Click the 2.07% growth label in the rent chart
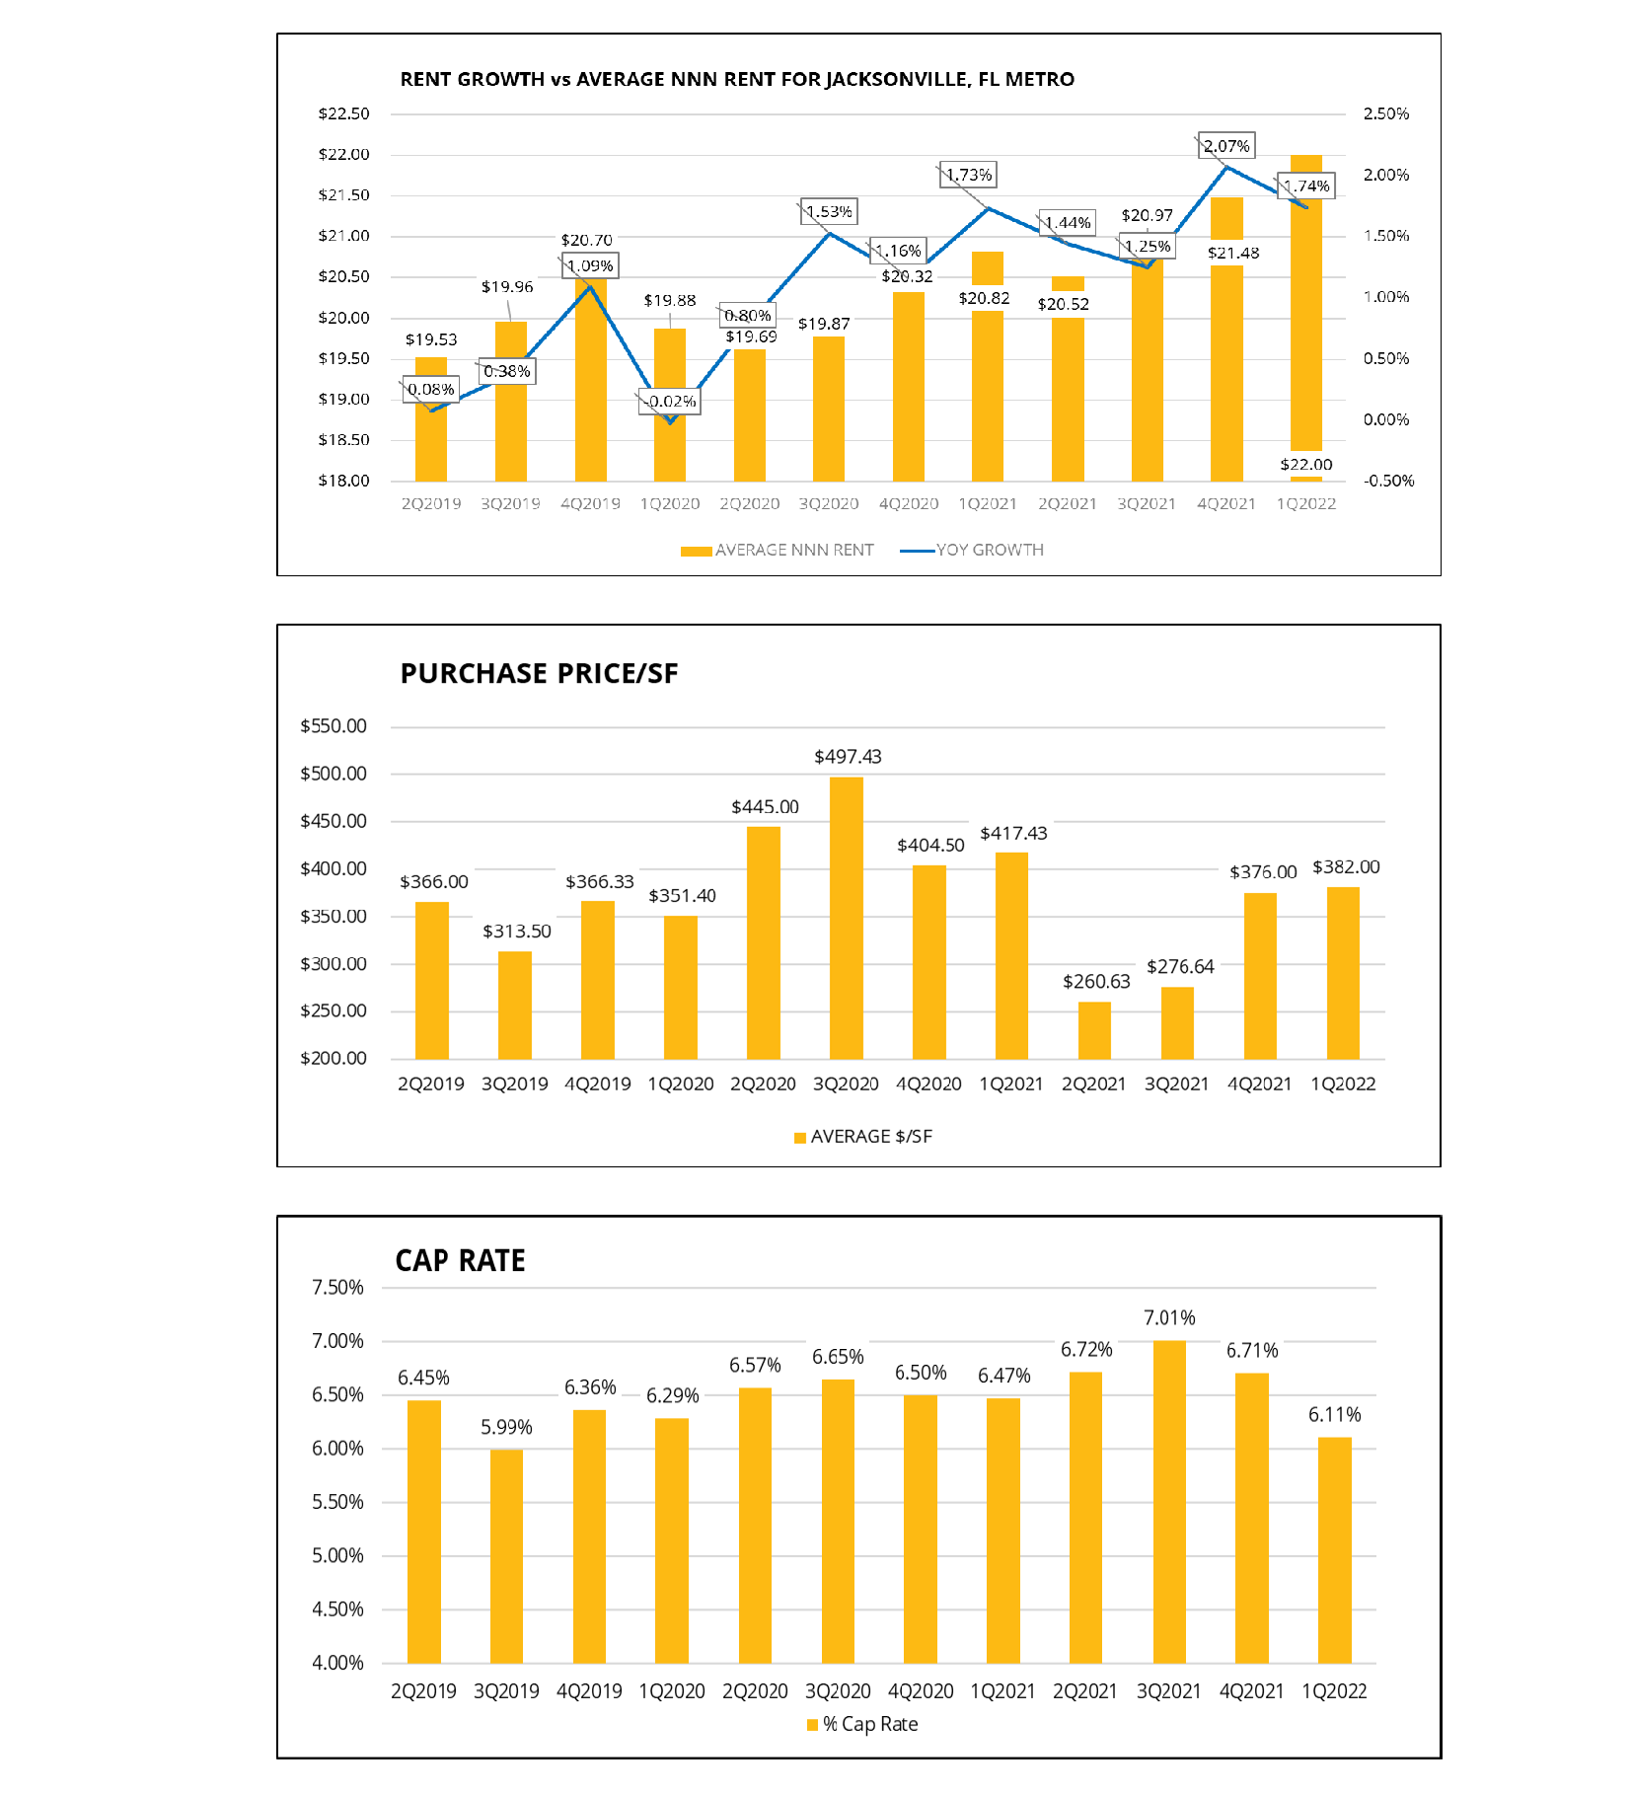[1226, 146]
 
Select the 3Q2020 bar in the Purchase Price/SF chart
[846, 918]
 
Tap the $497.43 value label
[848, 757]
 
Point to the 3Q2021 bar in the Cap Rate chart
[1169, 1501]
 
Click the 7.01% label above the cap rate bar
[1169, 1318]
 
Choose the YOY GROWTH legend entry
[972, 550]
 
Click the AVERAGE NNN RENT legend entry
[778, 550]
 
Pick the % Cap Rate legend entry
[862, 1724]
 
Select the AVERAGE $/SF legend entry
[863, 1137]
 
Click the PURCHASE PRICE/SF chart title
[539, 673]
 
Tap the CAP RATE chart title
[460, 1260]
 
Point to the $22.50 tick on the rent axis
[343, 113]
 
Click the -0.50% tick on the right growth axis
[1388, 481]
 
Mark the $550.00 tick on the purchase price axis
[334, 726]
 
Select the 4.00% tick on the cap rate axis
[337, 1663]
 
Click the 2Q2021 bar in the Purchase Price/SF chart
[1094, 1030]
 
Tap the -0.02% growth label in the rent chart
[670, 402]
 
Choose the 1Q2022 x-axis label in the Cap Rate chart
[1334, 1691]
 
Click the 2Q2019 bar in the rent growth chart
[431, 419]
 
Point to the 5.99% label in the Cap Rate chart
[506, 1427]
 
